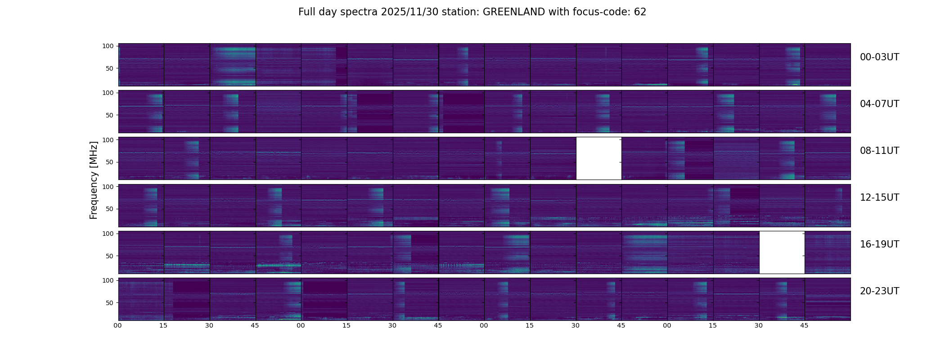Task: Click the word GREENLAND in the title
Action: click(513, 12)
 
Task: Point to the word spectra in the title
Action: click(359, 12)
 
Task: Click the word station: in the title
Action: click(463, 12)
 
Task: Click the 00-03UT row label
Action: click(879, 57)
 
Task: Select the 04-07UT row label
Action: click(879, 104)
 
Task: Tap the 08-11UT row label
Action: click(879, 151)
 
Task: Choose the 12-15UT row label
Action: click(879, 198)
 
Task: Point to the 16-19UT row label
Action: click(879, 244)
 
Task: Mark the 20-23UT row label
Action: click(879, 291)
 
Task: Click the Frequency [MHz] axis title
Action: click(94, 180)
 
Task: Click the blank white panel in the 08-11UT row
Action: click(598, 158)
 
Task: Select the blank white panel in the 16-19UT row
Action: click(782, 252)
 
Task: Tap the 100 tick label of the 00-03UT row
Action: click(108, 46)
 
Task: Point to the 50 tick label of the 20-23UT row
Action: click(109, 303)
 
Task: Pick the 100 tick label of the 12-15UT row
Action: click(108, 186)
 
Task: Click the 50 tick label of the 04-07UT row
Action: click(109, 115)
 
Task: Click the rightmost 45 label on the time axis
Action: click(804, 325)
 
